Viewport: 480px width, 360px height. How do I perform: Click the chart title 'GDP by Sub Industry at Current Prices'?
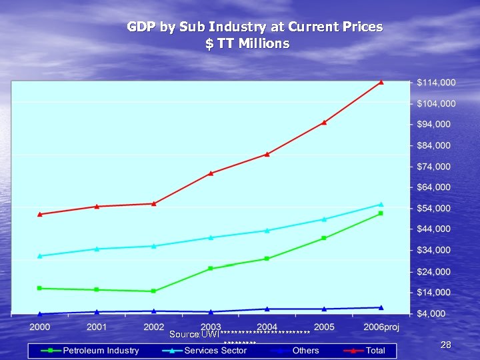(x=255, y=27)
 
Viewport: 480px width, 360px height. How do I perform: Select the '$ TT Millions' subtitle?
(x=247, y=44)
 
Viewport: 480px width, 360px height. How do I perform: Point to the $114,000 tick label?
(x=436, y=83)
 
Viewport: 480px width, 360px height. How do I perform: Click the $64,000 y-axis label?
(x=434, y=187)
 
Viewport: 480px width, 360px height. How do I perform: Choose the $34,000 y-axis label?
(x=434, y=250)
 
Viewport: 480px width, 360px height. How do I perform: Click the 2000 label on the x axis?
(x=40, y=327)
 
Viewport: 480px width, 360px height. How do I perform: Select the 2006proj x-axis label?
(x=381, y=327)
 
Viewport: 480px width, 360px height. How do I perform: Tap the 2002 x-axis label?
(x=154, y=327)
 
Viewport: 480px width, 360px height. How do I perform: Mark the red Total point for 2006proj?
(x=381, y=83)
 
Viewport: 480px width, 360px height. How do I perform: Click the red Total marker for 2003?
(x=211, y=173)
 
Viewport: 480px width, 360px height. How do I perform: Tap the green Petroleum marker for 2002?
(x=153, y=291)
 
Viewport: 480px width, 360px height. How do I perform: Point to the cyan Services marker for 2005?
(x=325, y=219)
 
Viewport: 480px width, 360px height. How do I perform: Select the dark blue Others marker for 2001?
(x=97, y=311)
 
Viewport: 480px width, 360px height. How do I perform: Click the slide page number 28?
(x=446, y=345)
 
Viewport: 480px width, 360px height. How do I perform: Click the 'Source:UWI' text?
(x=194, y=333)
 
